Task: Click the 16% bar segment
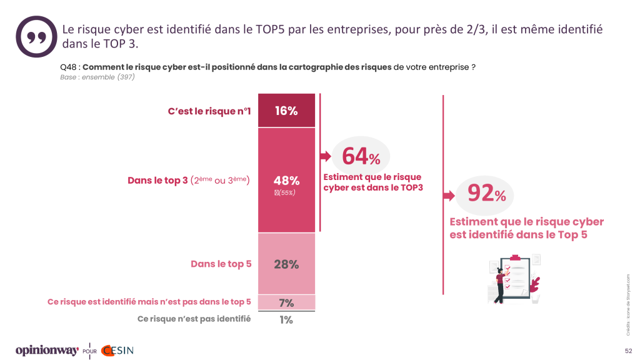pyautogui.click(x=286, y=111)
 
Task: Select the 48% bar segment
pyautogui.click(x=286, y=180)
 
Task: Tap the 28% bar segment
pyautogui.click(x=286, y=264)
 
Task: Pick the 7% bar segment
pyautogui.click(x=286, y=302)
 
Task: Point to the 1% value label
pyautogui.click(x=286, y=319)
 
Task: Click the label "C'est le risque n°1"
pyautogui.click(x=209, y=111)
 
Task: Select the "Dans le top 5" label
pyautogui.click(x=221, y=264)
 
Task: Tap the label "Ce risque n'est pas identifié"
pyautogui.click(x=194, y=319)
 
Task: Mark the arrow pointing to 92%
pyautogui.click(x=449, y=196)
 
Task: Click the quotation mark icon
pyautogui.click(x=36, y=36)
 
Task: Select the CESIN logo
pyautogui.click(x=116, y=350)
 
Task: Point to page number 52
pyautogui.click(x=627, y=351)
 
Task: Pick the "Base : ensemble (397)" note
pyautogui.click(x=97, y=77)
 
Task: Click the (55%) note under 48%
pyautogui.click(x=286, y=192)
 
